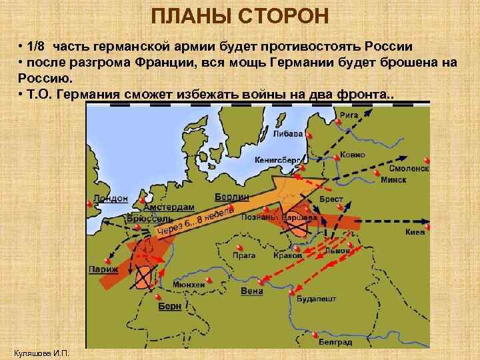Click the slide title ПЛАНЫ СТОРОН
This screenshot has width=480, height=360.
coord(239,15)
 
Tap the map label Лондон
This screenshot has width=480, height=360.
coord(111,198)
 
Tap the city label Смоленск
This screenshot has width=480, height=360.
coord(409,169)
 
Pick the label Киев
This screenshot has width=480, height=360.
coord(415,233)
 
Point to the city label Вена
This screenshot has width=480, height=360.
coord(251,291)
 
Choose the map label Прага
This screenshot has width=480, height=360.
coord(243,255)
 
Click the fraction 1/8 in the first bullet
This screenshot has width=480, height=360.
coord(37,47)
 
